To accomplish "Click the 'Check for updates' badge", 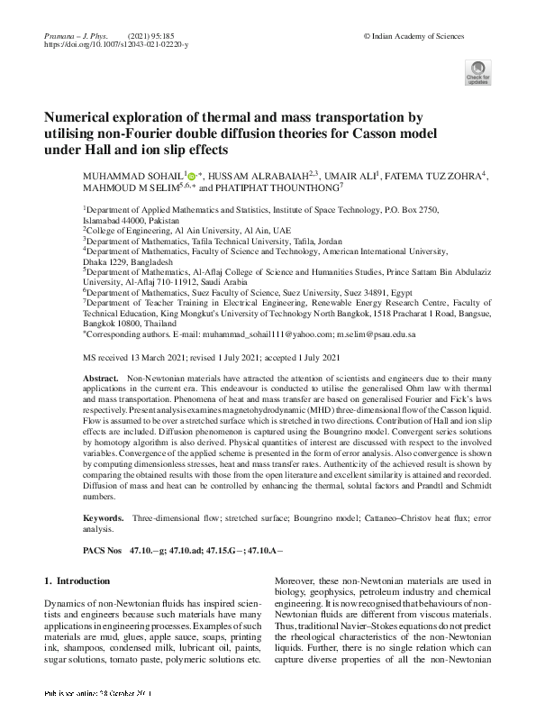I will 477,73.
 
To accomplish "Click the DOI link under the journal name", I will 116,43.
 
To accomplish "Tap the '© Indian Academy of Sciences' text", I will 413,35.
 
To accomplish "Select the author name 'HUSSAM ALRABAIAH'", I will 255,176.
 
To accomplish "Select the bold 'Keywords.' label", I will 103,519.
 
